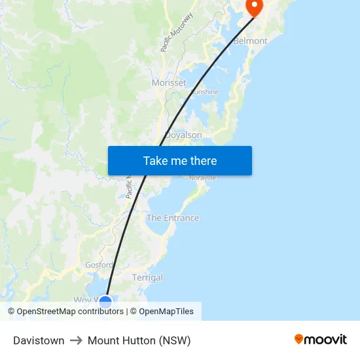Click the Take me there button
pyautogui.click(x=180, y=160)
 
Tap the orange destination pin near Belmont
pyautogui.click(x=253, y=7)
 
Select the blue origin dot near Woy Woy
pyautogui.click(x=105, y=302)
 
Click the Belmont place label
pyautogui.click(x=251, y=41)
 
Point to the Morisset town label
pyautogui.click(x=169, y=83)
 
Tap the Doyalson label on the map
pyautogui.click(x=183, y=135)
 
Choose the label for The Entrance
pyautogui.click(x=173, y=218)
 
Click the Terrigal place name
pyautogui.click(x=147, y=278)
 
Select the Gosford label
pyautogui.click(x=99, y=265)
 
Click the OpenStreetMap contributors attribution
pyautogui.click(x=71, y=312)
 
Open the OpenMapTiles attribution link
pyautogui.click(x=166, y=312)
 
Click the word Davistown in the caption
pyautogui.click(x=39, y=340)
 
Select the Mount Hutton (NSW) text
pyautogui.click(x=139, y=340)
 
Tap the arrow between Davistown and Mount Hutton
pyautogui.click(x=76, y=340)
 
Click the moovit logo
pyautogui.click(x=321, y=339)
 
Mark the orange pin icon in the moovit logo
pyautogui.click(x=299, y=339)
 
